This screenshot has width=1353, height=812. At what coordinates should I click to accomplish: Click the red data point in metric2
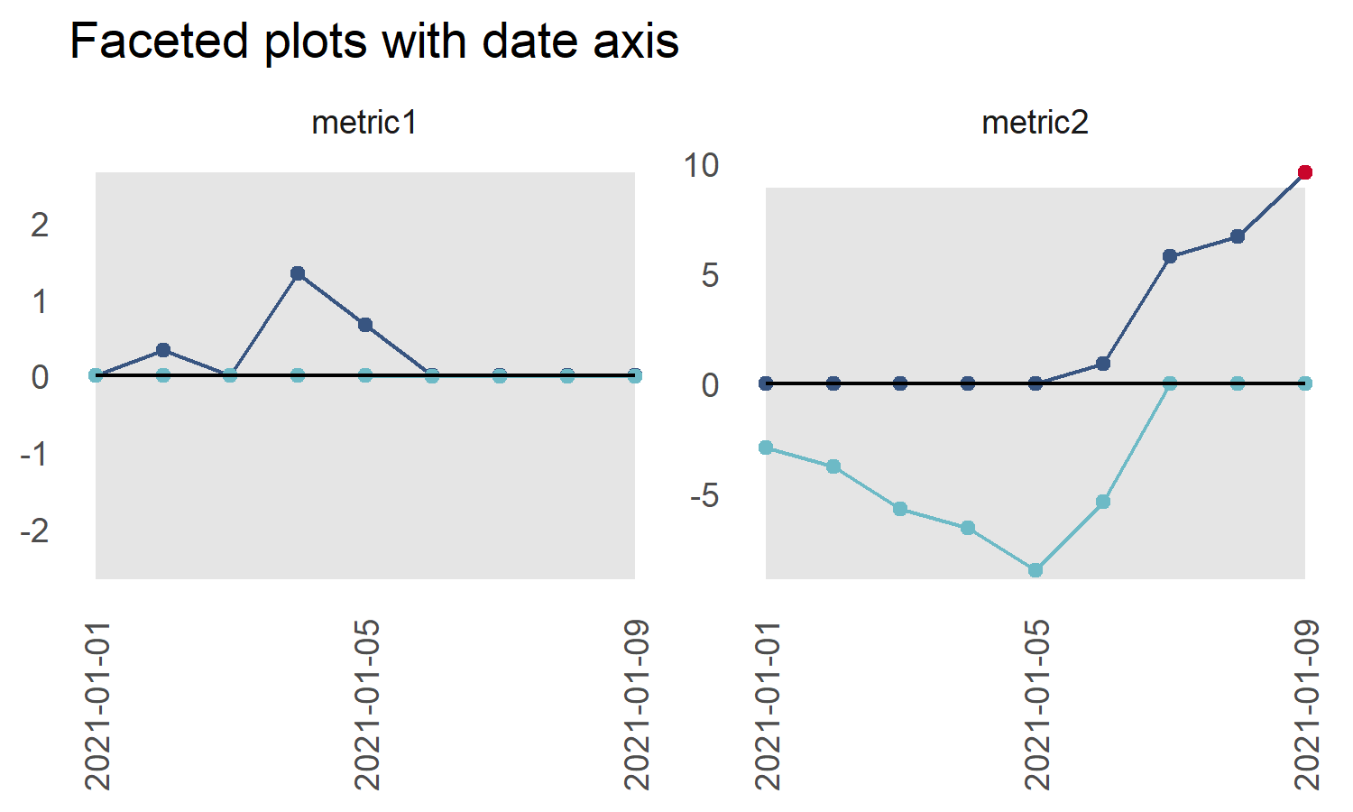[x=1304, y=172]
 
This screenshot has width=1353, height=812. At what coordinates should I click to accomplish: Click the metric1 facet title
[x=364, y=123]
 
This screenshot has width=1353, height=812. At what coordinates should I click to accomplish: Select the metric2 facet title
[x=1035, y=123]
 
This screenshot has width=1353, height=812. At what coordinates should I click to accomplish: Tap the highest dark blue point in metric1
[x=298, y=273]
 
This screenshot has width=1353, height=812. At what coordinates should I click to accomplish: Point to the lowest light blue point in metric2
[x=1035, y=570]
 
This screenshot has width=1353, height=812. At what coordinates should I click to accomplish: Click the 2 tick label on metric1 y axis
[x=40, y=225]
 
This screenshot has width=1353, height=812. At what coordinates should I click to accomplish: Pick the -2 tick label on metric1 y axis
[x=35, y=531]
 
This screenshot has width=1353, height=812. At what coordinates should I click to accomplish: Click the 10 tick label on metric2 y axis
[x=701, y=165]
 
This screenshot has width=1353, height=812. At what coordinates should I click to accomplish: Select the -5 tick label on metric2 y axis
[x=704, y=495]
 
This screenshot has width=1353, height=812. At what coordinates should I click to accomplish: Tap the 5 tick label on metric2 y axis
[x=710, y=275]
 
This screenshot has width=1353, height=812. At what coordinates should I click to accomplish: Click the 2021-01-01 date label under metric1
[x=97, y=705]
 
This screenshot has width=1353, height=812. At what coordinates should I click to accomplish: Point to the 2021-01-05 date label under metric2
[x=1037, y=705]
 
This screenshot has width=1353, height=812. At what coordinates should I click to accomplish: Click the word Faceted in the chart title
[x=159, y=42]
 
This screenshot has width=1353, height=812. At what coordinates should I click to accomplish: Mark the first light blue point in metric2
[x=766, y=448]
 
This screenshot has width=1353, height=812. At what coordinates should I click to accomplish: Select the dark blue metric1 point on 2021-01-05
[x=365, y=325]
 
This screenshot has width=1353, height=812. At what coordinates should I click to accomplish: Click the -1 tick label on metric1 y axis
[x=35, y=454]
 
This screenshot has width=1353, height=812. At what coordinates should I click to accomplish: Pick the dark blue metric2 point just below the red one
[x=1238, y=236]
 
